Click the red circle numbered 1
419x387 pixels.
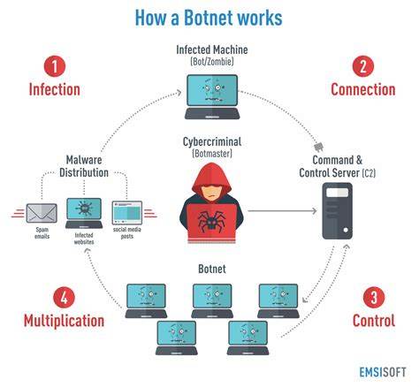(55, 66)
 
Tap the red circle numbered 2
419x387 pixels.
(363, 66)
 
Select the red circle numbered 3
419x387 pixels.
(374, 297)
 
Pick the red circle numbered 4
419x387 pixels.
(64, 297)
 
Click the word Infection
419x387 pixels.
(55, 89)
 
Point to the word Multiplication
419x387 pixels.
(64, 321)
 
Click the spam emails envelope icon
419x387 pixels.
(42, 213)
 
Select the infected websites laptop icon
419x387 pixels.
(84, 213)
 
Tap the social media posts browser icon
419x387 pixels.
(127, 213)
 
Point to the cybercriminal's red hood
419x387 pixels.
(211, 178)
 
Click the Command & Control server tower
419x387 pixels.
(337, 211)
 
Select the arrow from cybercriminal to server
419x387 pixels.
(282, 211)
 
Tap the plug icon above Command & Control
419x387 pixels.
(318, 147)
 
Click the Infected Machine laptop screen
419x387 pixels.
(212, 90)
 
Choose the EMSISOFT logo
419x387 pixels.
(383, 372)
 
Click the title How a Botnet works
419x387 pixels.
(209, 18)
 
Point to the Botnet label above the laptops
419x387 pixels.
(212, 269)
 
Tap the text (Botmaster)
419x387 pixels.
(212, 154)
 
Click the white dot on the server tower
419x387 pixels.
(346, 230)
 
